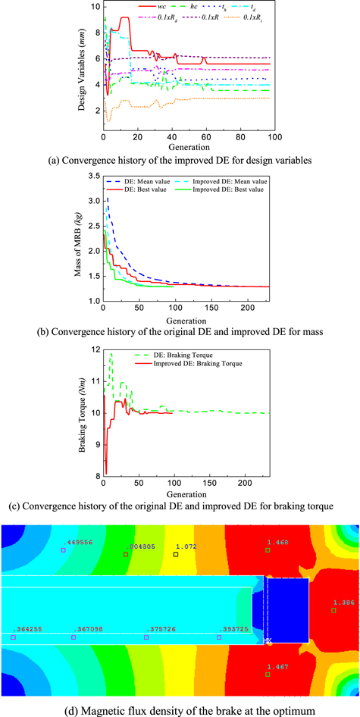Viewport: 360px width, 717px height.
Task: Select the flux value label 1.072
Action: click(186, 546)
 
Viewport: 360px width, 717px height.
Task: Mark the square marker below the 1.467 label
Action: click(268, 653)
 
